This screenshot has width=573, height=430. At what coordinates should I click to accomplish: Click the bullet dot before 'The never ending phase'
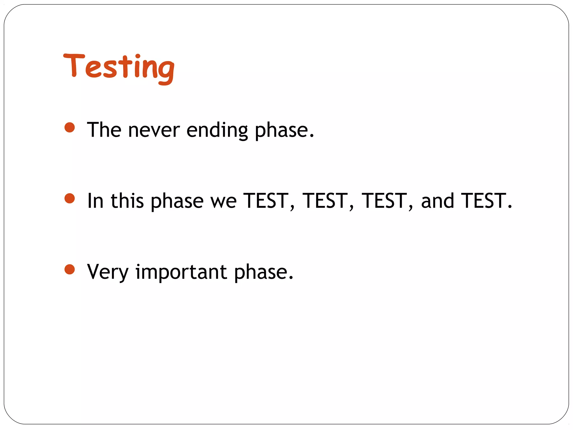(x=70, y=127)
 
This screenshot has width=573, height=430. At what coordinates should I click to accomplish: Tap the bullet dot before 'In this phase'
(x=70, y=198)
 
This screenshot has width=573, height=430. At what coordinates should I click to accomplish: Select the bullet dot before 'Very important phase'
(x=70, y=269)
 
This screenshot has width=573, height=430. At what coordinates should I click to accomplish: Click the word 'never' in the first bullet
(x=154, y=130)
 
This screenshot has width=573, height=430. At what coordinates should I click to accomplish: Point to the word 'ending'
(x=217, y=130)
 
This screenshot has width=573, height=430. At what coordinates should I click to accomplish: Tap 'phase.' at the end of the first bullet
(x=284, y=130)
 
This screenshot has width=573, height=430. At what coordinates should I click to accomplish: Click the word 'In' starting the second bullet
(x=96, y=201)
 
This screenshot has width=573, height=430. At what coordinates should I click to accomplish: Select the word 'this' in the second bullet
(x=127, y=201)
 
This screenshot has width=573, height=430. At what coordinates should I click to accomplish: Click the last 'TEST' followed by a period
(x=484, y=201)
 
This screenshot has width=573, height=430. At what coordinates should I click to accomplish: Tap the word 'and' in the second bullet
(x=437, y=201)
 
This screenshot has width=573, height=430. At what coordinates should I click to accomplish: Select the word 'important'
(x=181, y=272)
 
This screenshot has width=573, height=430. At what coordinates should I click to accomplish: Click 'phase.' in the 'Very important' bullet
(x=264, y=272)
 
